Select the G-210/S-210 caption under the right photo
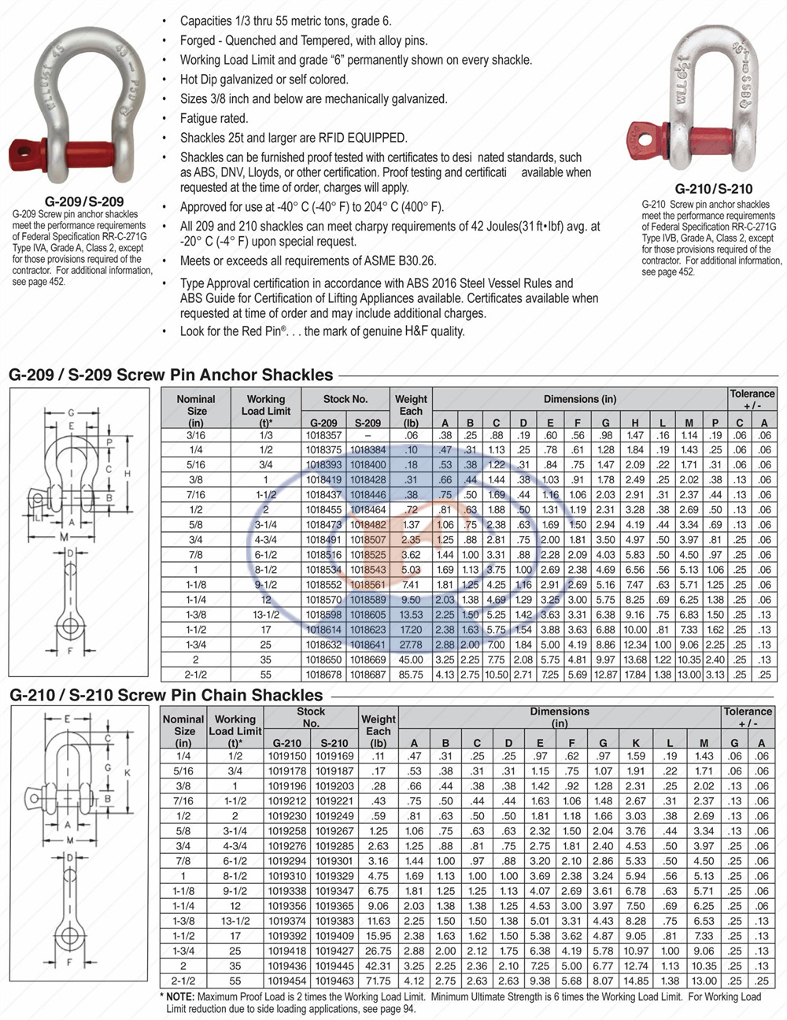(713, 188)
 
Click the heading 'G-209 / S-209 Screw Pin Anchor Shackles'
(171, 375)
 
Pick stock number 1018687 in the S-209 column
(368, 674)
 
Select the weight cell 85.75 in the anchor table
(411, 674)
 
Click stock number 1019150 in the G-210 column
(286, 756)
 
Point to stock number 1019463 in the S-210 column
(334, 981)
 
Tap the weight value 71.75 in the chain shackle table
(378, 981)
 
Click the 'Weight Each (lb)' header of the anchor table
(411, 410)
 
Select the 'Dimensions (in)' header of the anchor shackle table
(579, 399)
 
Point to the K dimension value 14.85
(636, 981)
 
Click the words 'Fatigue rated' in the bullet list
(214, 118)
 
